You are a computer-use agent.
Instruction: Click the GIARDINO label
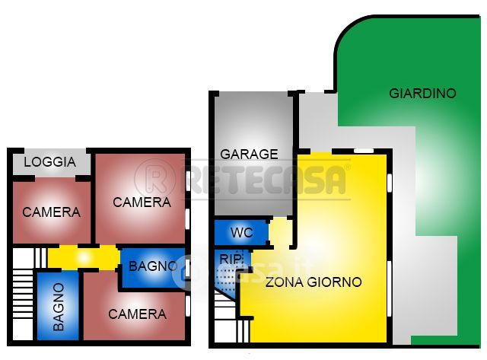pyautogui.click(x=422, y=94)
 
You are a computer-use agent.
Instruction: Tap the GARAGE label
pyautogui.click(x=249, y=154)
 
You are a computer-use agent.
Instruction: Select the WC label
pyautogui.click(x=241, y=232)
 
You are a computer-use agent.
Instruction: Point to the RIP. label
pyautogui.click(x=231, y=260)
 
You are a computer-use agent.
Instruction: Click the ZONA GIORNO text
pyautogui.click(x=313, y=282)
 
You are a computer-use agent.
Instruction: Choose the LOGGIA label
pyautogui.click(x=49, y=162)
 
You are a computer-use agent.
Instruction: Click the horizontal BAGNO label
pyautogui.click(x=153, y=266)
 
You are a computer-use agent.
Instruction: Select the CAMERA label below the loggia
pyautogui.click(x=51, y=212)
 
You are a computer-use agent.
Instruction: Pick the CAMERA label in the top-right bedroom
pyautogui.click(x=142, y=202)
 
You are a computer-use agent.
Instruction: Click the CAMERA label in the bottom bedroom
pyautogui.click(x=137, y=314)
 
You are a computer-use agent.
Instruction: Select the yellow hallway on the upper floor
pyautogui.click(x=84, y=257)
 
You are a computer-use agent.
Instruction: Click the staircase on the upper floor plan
pyautogui.click(x=24, y=293)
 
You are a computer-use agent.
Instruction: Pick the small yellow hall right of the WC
pyautogui.click(x=281, y=232)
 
